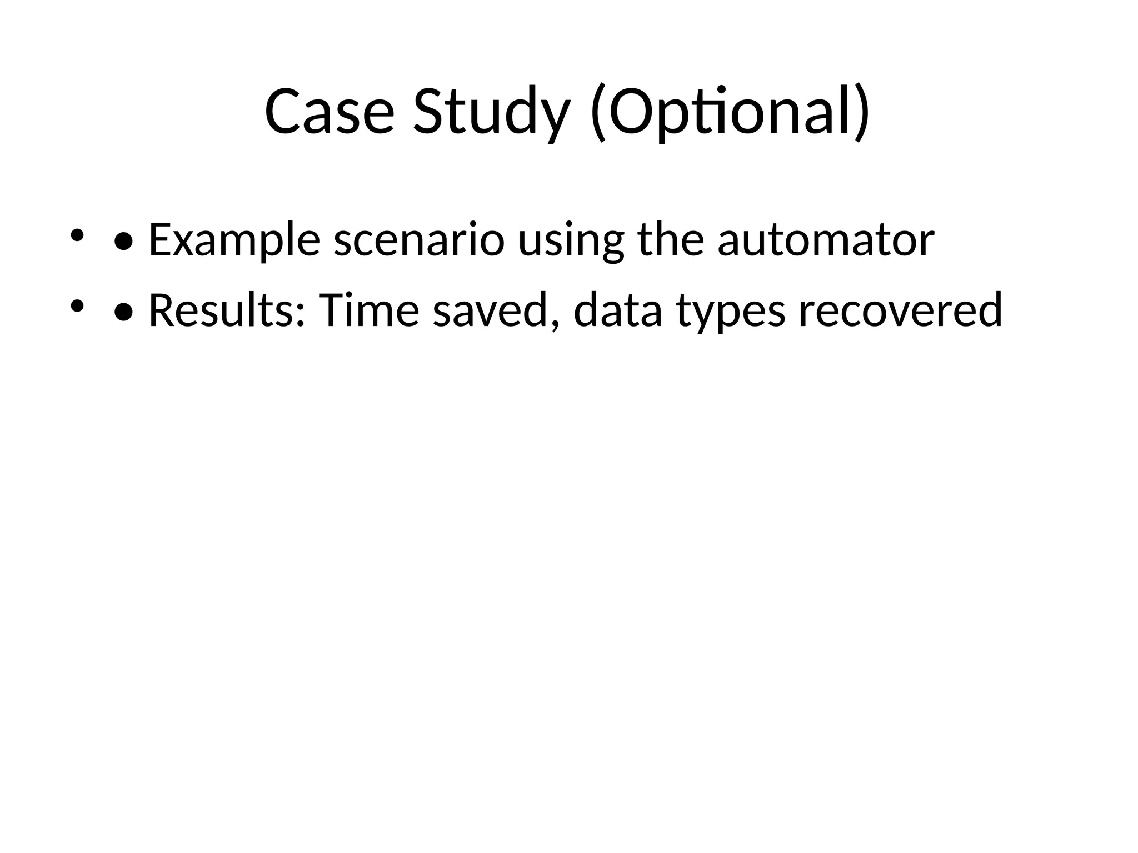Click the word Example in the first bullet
point(234,240)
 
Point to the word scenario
point(418,240)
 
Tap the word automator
point(826,240)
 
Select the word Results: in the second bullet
point(227,310)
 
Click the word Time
point(368,310)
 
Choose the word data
point(617,310)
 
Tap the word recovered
point(900,310)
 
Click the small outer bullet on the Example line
point(77,235)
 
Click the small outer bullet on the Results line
point(77,305)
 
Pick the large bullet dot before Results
point(123,313)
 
